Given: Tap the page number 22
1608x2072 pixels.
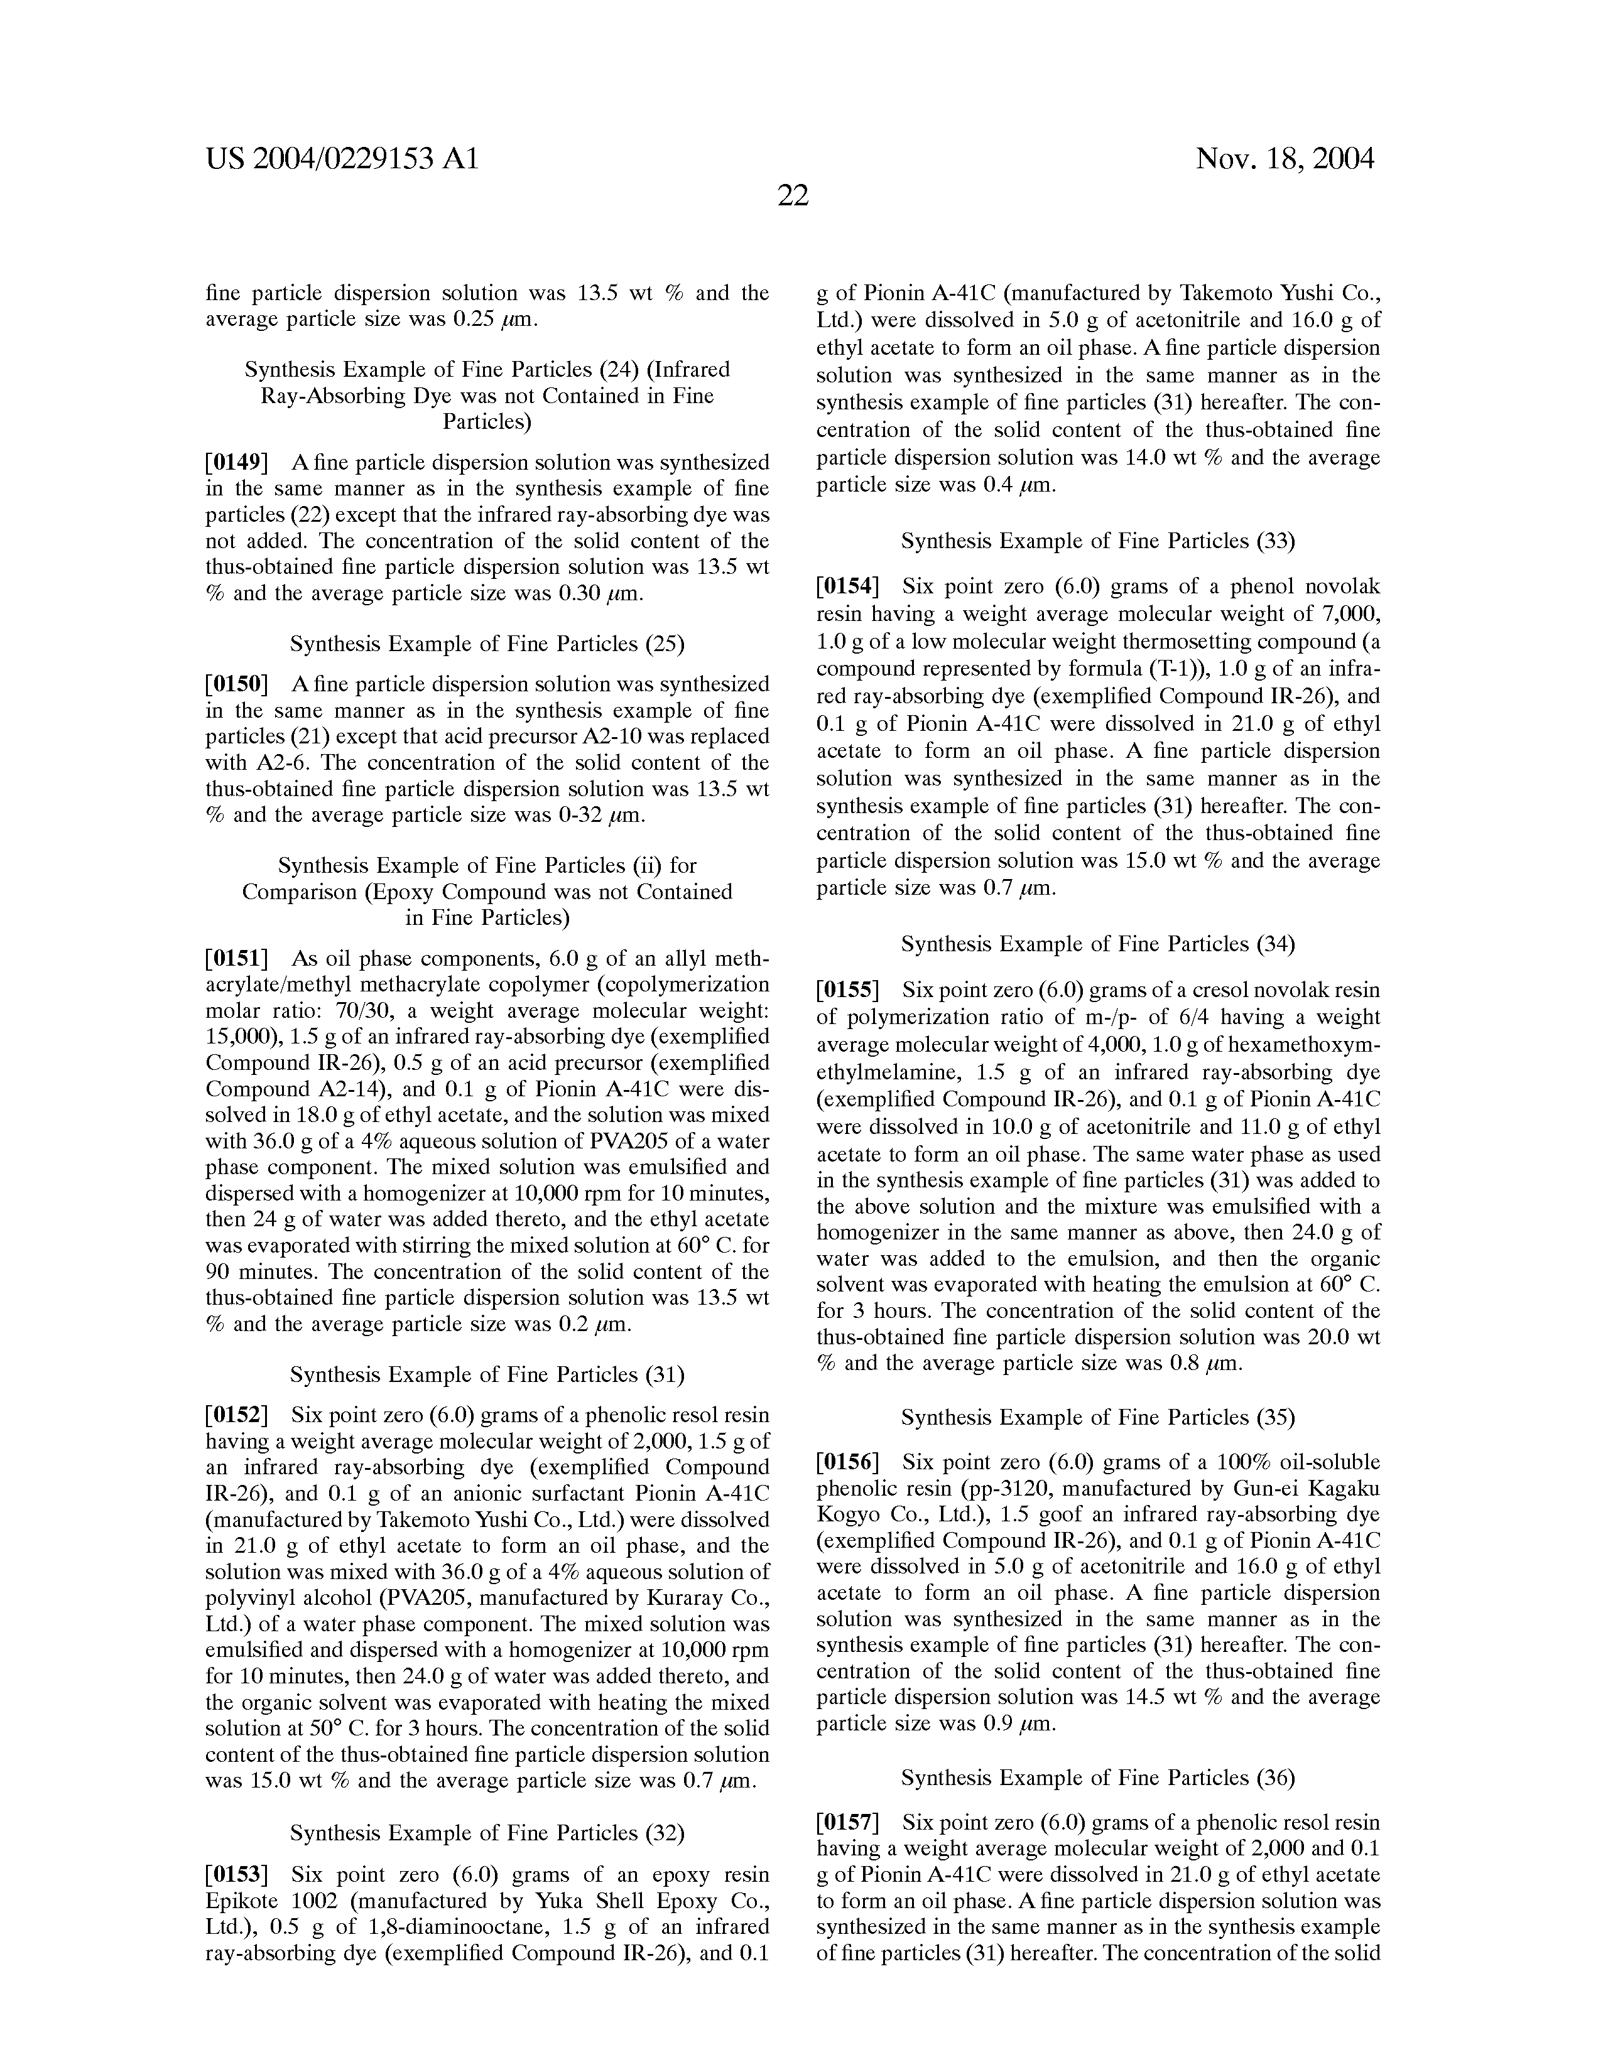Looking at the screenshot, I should (793, 197).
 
